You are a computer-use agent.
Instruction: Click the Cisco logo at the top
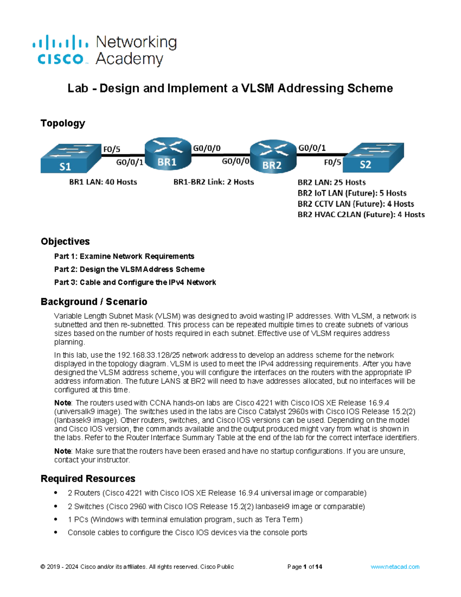61,50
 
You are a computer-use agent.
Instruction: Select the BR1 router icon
167,154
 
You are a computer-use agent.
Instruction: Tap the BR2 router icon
273,156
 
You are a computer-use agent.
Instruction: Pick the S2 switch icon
373,157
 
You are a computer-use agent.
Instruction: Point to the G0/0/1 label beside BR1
129,163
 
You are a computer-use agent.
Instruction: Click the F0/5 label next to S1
111,149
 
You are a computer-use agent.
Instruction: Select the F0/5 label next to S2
332,163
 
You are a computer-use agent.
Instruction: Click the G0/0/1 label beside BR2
312,148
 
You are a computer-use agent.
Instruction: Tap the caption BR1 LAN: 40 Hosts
103,182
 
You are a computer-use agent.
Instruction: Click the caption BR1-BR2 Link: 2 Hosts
214,182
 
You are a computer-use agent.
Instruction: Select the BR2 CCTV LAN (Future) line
356,204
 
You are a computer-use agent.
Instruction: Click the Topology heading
63,123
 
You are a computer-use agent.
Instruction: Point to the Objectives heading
65,241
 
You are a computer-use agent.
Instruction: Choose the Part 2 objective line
129,269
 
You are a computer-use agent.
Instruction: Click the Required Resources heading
88,479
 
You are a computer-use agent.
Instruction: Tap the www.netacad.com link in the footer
395,567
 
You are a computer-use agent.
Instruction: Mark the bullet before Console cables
56,532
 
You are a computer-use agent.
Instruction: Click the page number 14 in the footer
318,567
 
